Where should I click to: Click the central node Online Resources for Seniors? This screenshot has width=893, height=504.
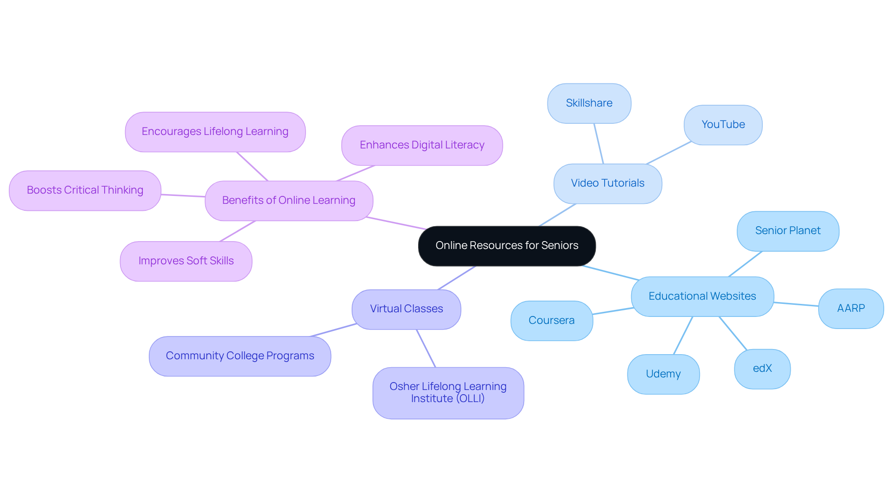click(x=506, y=246)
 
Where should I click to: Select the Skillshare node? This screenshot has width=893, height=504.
click(x=589, y=103)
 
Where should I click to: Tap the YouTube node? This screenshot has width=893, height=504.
click(x=723, y=125)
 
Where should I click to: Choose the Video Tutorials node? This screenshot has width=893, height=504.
click(x=607, y=183)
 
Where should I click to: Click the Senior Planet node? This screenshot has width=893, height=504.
click(x=787, y=231)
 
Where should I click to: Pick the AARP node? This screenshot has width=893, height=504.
click(x=851, y=309)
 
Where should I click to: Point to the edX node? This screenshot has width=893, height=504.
click(x=762, y=369)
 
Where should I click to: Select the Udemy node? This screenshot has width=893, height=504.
click(x=663, y=374)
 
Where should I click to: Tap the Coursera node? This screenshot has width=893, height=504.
click(x=551, y=321)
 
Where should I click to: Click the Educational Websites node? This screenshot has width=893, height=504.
click(x=702, y=296)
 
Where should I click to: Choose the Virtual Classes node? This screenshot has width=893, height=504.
click(x=406, y=309)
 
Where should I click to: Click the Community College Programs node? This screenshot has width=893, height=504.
click(x=240, y=356)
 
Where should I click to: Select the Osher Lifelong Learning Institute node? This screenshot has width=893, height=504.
click(x=448, y=393)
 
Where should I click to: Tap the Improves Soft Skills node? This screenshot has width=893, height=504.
click(x=186, y=261)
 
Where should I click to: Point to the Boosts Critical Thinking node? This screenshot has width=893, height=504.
click(x=85, y=190)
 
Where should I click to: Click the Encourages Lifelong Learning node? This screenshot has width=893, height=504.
click(x=215, y=132)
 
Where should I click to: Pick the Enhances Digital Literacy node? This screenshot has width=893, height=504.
click(x=422, y=145)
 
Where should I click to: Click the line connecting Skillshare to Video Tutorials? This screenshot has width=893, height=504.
click(x=599, y=143)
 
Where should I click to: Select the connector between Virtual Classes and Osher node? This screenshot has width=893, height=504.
click(x=426, y=349)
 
